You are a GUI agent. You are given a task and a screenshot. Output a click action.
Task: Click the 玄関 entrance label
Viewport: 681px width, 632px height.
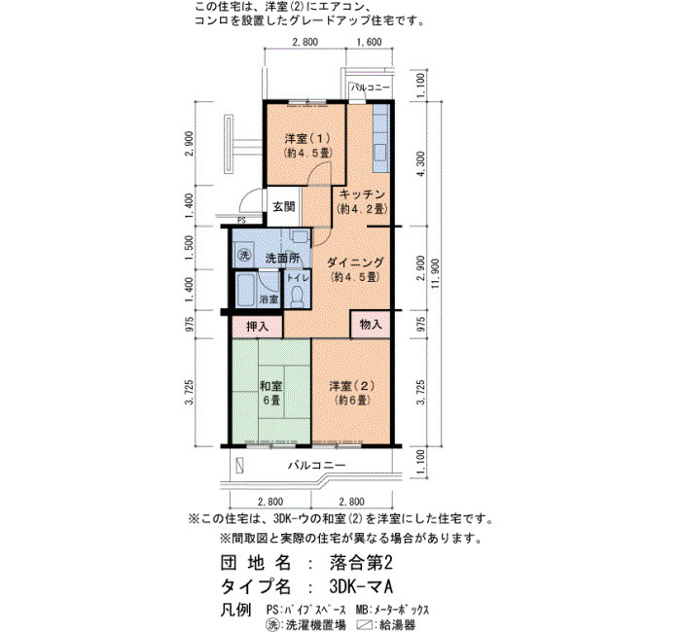pyautogui.click(x=284, y=206)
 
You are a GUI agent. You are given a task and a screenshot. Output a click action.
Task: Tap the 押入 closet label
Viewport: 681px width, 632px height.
pyautogui.click(x=258, y=327)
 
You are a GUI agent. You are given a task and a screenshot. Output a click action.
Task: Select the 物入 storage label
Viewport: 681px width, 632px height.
pyautogui.click(x=371, y=324)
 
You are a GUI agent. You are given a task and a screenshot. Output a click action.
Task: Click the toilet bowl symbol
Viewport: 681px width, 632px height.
pyautogui.click(x=298, y=296)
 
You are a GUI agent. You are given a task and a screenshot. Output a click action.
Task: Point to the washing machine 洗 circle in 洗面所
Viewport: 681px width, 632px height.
pyautogui.click(x=244, y=255)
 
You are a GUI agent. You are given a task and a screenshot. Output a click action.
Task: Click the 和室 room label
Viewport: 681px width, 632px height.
pyautogui.click(x=271, y=385)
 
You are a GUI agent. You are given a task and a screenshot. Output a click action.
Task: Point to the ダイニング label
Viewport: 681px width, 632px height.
pyautogui.click(x=355, y=263)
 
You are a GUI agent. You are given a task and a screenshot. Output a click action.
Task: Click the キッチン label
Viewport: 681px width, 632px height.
pyautogui.click(x=362, y=194)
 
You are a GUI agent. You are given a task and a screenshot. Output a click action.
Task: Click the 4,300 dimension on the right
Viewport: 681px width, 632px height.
pyautogui.click(x=420, y=164)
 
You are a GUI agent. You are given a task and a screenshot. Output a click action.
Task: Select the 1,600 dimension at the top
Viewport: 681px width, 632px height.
pyautogui.click(x=369, y=42)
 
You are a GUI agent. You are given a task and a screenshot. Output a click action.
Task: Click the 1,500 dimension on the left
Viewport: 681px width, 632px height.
pyautogui.click(x=189, y=248)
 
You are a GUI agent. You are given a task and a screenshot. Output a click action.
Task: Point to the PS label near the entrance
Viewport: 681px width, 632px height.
pyautogui.click(x=242, y=221)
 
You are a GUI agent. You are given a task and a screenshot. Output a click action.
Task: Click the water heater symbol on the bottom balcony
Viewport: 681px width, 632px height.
pyautogui.click(x=239, y=466)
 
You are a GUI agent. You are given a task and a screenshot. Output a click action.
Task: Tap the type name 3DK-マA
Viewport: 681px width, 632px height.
pyautogui.click(x=361, y=586)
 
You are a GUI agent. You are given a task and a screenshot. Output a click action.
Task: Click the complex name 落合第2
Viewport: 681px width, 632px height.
pyautogui.click(x=361, y=563)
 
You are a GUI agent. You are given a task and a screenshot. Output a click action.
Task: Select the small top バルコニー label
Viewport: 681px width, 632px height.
pyautogui.click(x=371, y=88)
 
